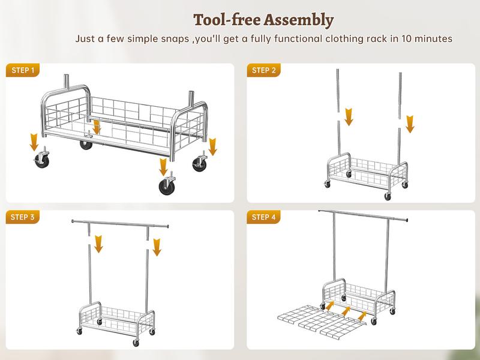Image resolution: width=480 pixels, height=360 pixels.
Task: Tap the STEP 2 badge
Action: [x=264, y=70]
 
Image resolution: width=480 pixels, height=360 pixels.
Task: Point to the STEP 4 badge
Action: [x=264, y=217]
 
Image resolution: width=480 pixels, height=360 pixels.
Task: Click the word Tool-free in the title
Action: [x=226, y=20]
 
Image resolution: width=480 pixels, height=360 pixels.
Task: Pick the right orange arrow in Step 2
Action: [x=410, y=124]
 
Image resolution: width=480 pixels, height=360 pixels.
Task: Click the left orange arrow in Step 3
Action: [x=98, y=243]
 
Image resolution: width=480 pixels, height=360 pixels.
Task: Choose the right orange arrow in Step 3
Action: [x=157, y=247]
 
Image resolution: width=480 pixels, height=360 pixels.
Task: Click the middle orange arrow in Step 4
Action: [x=346, y=311]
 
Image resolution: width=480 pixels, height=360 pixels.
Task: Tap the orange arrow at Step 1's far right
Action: [x=212, y=146]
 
